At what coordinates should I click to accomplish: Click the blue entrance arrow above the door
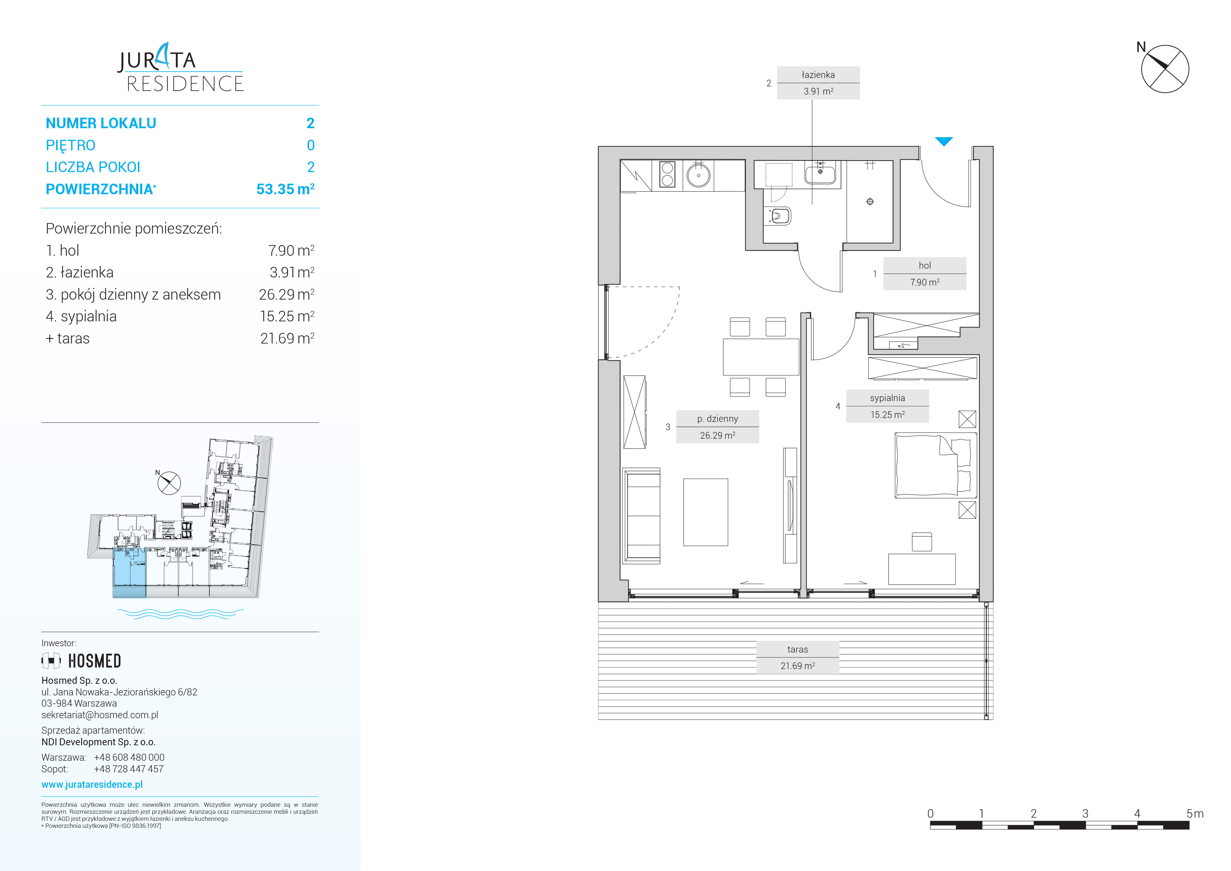pos(944,142)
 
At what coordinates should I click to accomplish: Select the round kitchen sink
pos(699,175)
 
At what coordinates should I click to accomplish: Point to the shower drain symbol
pos(870,202)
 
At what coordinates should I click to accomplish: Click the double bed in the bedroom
pos(935,466)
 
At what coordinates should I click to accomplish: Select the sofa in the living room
pos(641,516)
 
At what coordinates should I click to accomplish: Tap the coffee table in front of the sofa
pos(706,512)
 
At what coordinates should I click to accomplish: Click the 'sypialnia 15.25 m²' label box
pos(887,406)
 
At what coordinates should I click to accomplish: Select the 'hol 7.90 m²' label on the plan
pos(925,274)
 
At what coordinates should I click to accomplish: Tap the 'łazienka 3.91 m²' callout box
pos(818,83)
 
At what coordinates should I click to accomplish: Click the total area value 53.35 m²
pos(285,189)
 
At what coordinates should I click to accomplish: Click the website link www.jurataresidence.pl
pos(92,784)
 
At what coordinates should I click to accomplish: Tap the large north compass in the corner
pos(1165,68)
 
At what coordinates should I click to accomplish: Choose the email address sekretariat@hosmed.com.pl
pos(100,715)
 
